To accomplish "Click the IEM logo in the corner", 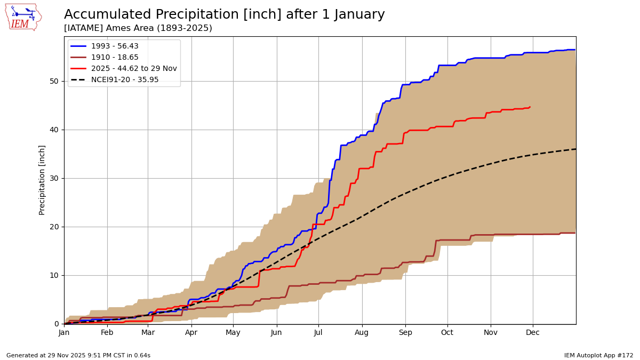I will point(23,17).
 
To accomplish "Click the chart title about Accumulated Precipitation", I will point(224,15).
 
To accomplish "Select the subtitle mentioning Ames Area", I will point(138,28).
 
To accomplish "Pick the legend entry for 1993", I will point(115,46).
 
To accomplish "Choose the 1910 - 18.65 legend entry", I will point(115,58).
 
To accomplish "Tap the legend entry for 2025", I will point(134,69).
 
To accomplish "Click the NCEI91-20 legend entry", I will point(125,80).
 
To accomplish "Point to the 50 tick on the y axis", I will point(54,81).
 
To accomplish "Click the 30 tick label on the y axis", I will point(54,178).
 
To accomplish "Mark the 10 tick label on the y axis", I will point(54,275).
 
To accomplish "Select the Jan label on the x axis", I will point(64,333).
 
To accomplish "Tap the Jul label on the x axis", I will point(318,333).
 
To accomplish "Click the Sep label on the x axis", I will point(405,333).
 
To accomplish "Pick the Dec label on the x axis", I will point(533,333).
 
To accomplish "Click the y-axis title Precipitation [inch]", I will point(42,180).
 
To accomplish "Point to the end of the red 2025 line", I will point(530,107).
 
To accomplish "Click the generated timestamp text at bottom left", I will point(78,355).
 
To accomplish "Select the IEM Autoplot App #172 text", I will point(598,355).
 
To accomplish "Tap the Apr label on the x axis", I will point(191,333).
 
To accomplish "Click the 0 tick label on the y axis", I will point(57,324).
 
